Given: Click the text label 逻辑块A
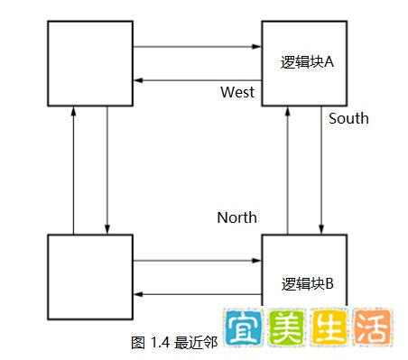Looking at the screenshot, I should click(x=308, y=62).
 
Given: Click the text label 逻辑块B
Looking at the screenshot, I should click(x=308, y=283).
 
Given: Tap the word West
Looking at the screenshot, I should click(x=237, y=93).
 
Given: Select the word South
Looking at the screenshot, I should click(x=348, y=118).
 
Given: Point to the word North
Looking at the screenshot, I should click(x=236, y=217).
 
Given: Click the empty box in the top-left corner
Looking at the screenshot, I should click(x=89, y=62).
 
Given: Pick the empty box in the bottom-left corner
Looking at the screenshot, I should click(x=89, y=278).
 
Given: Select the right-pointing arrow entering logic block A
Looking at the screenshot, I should click(x=196, y=46).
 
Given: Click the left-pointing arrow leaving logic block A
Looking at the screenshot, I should click(x=196, y=80).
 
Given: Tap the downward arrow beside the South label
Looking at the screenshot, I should click(x=322, y=171).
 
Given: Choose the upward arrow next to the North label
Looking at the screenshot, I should click(x=288, y=171).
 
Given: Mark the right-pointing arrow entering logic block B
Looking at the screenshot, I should click(x=196, y=261).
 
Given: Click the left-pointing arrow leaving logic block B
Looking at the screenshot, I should click(x=196, y=294).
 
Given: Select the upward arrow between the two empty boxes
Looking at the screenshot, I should click(x=73, y=171).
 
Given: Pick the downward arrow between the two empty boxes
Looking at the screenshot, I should click(x=107, y=171).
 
